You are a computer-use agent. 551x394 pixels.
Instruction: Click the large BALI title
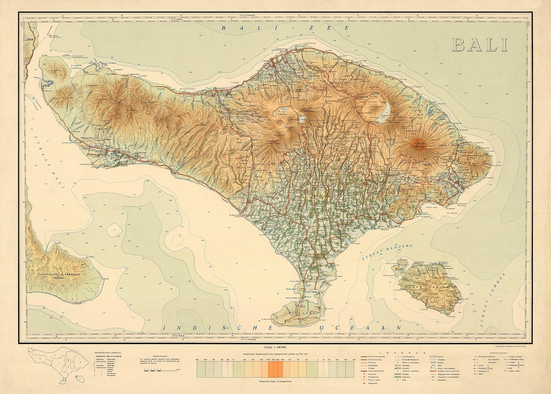480,44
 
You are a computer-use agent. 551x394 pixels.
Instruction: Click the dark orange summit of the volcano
419,144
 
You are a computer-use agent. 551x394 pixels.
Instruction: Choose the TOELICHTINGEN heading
160,354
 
